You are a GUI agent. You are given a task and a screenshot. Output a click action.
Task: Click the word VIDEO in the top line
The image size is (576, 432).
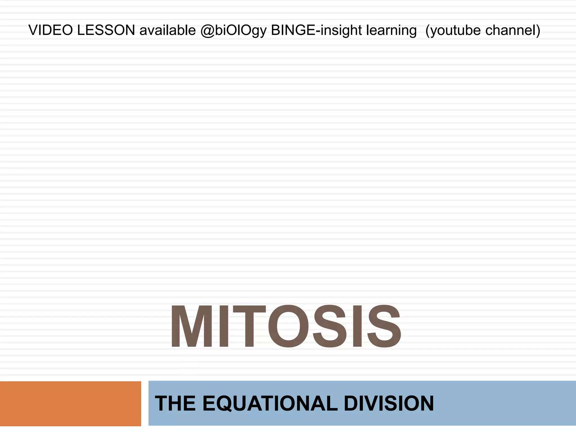click(x=51, y=30)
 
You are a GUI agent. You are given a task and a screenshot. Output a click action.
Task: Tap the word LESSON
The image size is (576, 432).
click(x=106, y=30)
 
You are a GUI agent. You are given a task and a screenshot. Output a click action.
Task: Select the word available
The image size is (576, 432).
click(x=168, y=30)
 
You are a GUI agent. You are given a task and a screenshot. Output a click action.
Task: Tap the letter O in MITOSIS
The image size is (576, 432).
click(x=288, y=327)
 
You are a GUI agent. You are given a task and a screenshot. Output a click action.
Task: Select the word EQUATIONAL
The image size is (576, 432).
click(x=270, y=403)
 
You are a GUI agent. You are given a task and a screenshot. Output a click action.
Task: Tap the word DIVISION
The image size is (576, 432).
click(x=389, y=403)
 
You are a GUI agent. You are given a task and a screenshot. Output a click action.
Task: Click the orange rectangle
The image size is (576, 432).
click(x=70, y=403)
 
